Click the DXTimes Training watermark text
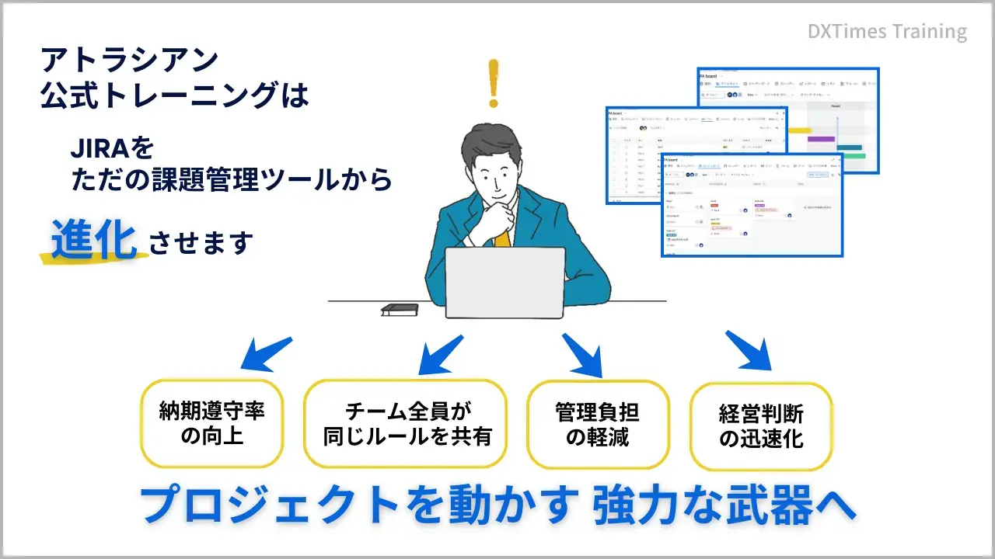coord(887,32)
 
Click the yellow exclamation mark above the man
coord(492,83)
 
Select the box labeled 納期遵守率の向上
coord(211,423)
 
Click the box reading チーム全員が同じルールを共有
coord(405,423)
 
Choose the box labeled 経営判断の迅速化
coord(760,426)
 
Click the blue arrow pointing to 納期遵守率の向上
coord(265,353)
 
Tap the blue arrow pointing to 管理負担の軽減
coord(584,354)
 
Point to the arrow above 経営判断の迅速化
coord(748,350)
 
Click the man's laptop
coord(504,282)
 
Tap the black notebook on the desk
coord(400,309)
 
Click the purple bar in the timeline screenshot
coord(821,139)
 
